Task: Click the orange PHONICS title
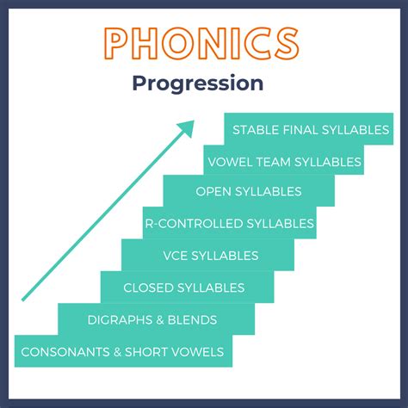click(x=201, y=43)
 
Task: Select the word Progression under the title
click(x=198, y=83)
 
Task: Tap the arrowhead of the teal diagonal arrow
click(x=187, y=128)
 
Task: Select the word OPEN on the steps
click(x=213, y=191)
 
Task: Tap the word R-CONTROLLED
click(x=195, y=224)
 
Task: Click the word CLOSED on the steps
click(x=148, y=287)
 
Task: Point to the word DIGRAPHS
click(x=120, y=320)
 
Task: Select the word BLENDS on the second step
click(x=192, y=320)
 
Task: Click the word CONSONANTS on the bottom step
click(x=65, y=352)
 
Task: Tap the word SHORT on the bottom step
click(x=145, y=352)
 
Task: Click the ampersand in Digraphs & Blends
click(x=160, y=320)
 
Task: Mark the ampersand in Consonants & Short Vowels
click(x=117, y=352)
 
